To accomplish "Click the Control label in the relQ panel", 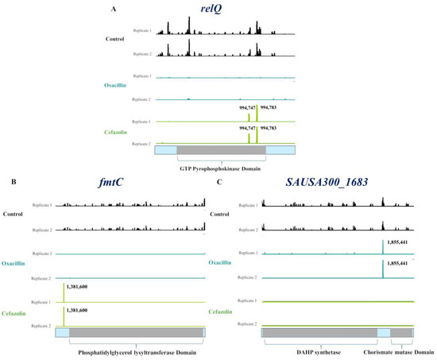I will [117, 38].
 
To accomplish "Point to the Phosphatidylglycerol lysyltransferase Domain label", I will [131, 351].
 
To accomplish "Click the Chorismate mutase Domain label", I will [399, 350].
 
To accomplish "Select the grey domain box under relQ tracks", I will [220, 149].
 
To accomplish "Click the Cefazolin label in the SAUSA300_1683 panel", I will [224, 313].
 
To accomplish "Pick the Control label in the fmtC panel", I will [13, 215].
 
